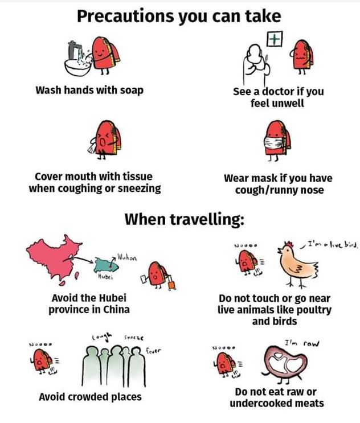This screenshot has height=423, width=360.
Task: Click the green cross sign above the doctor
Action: click(275, 39)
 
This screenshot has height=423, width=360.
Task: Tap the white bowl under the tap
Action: click(77, 67)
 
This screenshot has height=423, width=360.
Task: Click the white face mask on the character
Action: click(273, 143)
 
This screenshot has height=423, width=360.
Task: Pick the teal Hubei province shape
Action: click(106, 265)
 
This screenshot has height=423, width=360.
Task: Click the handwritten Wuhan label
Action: click(127, 258)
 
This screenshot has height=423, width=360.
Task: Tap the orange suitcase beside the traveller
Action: click(171, 285)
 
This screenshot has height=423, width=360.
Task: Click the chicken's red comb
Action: click(289, 244)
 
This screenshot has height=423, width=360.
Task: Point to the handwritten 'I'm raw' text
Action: click(302, 343)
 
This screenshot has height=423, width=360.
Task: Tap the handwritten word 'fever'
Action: click(153, 351)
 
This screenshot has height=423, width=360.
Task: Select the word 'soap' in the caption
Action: click(132, 91)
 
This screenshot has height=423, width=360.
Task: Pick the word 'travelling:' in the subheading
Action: click(207, 219)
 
